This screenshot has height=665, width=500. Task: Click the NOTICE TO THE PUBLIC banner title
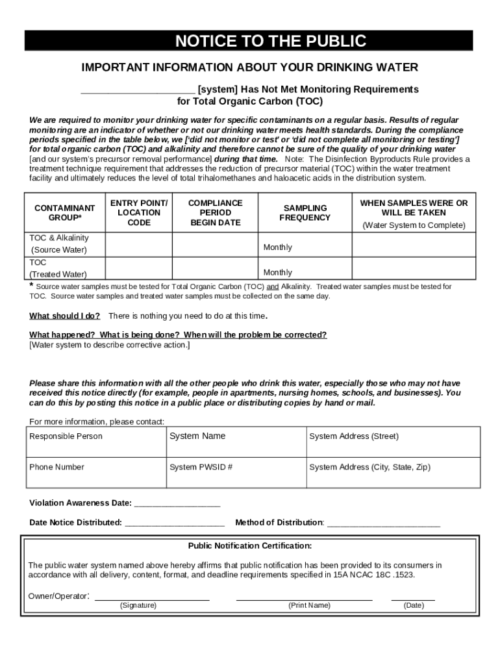[x=271, y=42]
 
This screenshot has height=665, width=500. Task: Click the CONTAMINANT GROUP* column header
[x=64, y=212]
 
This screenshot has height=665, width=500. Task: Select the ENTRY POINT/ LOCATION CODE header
[x=139, y=212]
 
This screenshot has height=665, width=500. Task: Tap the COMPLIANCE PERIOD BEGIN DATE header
[x=215, y=212]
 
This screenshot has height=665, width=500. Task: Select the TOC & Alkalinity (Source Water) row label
[x=59, y=244]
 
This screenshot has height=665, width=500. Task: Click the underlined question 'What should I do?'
[x=64, y=316]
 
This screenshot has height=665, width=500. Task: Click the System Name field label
[x=197, y=436]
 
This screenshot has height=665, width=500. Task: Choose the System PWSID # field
[x=201, y=467]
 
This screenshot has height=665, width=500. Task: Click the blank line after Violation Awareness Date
[x=177, y=504]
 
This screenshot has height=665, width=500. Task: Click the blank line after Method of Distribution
[x=384, y=523]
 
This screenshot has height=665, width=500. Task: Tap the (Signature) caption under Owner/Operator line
[x=138, y=605]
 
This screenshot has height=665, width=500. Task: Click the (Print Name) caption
[x=309, y=605]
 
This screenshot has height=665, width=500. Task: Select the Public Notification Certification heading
[x=250, y=546]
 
